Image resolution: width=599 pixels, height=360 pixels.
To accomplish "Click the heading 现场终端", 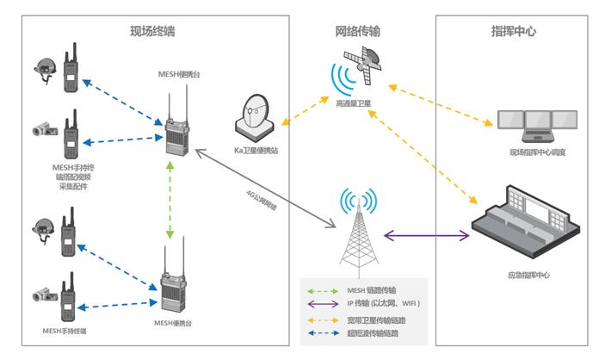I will tap(152, 32).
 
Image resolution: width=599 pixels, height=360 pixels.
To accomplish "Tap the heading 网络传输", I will tap(358, 32).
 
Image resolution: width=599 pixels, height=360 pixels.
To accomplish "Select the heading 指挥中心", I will tap(514, 32).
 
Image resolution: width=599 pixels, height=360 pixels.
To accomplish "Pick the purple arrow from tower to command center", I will tap(426, 234).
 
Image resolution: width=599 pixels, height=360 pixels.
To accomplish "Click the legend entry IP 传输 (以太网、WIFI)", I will tap(384, 304).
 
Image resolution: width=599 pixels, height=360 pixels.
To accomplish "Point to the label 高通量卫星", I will tap(354, 103).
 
